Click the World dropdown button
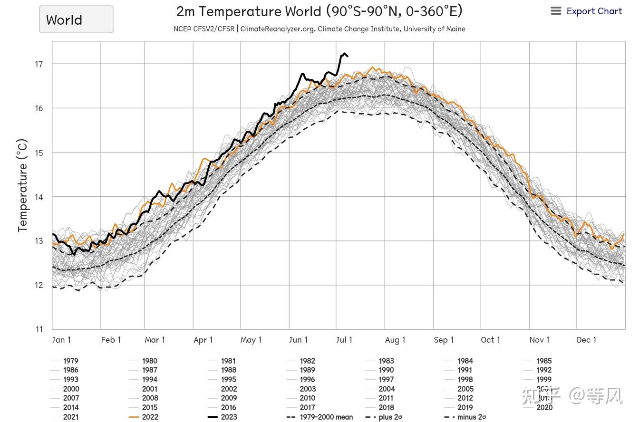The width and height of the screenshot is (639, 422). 76,19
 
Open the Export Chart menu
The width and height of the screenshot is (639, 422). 586,11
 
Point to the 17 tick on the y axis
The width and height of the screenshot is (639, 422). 39,64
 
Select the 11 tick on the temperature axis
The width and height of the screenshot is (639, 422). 39,329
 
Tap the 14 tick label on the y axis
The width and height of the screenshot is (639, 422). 39,197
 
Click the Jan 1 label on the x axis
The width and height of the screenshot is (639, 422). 61,340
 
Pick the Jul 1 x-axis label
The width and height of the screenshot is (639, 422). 344,340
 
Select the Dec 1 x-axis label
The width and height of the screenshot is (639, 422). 586,340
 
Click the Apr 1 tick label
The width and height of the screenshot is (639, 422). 203,340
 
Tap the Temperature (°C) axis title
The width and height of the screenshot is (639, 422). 22,185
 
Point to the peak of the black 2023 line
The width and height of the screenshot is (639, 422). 344,54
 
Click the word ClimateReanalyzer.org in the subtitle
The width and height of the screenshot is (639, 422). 278,29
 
